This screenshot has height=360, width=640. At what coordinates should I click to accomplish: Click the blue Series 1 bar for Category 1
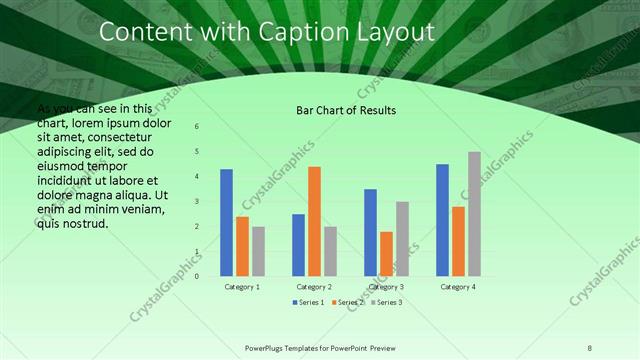coord(226,223)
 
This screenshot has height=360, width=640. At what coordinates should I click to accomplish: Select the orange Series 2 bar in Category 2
coord(314,221)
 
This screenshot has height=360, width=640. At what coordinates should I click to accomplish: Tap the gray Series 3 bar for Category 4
coord(474,214)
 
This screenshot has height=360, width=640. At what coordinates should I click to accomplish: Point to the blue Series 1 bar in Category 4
coord(442,220)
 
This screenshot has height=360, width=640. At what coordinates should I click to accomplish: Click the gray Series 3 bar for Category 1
coord(258,251)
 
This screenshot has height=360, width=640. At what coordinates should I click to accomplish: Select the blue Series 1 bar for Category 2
coord(298,245)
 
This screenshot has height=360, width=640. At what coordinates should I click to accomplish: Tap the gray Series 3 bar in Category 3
coord(402,239)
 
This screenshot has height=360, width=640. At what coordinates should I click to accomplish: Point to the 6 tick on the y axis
coord(197,127)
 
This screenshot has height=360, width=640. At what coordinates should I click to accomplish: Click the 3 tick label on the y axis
coord(197,202)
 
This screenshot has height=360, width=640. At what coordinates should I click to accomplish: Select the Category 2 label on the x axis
coord(314,287)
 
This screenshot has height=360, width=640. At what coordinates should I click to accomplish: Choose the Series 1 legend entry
coord(309,302)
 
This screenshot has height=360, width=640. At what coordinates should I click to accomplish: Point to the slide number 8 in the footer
coord(590,347)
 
